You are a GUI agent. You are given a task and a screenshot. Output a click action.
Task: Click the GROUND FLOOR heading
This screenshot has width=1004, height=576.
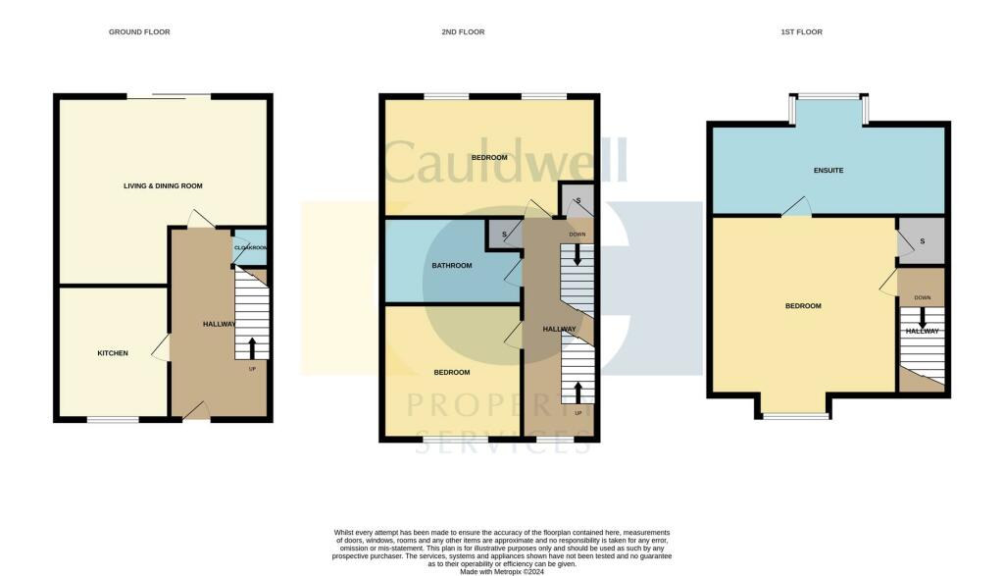[139, 32]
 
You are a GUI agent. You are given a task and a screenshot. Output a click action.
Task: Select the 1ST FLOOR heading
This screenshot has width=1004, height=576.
[801, 32]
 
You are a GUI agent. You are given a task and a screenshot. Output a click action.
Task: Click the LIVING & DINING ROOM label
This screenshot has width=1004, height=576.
[163, 185]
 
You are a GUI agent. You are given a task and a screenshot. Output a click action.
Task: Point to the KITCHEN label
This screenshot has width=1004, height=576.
[112, 352]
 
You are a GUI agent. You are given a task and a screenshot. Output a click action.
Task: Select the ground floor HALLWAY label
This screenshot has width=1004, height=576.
[219, 324]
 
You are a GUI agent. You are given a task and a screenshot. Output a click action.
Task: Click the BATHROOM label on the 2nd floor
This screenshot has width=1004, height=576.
[452, 266]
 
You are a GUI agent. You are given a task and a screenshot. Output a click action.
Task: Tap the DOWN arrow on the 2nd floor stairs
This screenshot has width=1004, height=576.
[577, 254]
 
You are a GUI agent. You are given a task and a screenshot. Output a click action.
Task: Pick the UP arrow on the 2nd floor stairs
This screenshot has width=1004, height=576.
[577, 393]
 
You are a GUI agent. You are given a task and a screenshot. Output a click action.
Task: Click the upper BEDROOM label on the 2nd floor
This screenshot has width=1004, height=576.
[489, 158]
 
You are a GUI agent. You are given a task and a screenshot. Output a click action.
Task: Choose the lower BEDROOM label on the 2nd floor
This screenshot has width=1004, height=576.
[452, 372]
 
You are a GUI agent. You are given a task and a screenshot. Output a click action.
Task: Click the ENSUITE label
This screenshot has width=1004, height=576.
[828, 171]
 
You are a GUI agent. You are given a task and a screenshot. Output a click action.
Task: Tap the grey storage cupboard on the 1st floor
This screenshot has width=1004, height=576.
[922, 241]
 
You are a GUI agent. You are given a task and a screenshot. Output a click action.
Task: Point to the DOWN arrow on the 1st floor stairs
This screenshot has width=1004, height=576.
[922, 318]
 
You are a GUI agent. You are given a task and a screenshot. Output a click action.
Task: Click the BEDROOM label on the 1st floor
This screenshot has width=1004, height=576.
[803, 306]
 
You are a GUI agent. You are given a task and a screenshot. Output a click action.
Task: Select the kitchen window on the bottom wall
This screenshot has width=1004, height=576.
[112, 420]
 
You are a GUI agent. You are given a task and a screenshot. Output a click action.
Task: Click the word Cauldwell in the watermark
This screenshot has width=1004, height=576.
[504, 162]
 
